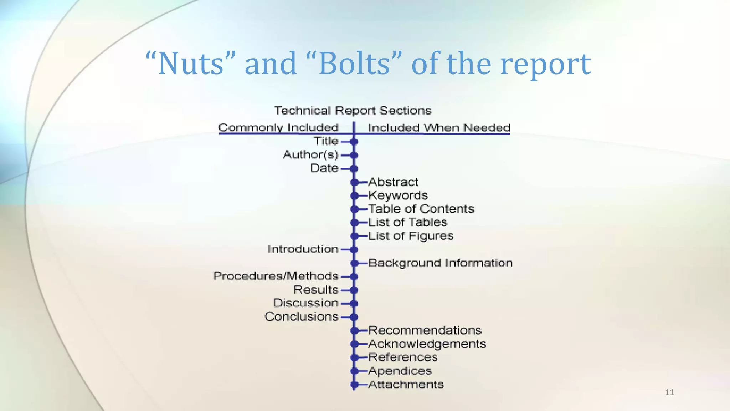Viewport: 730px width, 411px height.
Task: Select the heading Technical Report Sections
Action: (353, 111)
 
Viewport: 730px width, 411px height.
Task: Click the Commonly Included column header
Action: (278, 127)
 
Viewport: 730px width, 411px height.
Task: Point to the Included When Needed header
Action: (439, 128)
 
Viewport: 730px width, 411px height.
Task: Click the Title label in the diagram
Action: (326, 141)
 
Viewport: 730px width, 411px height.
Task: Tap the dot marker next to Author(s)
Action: (354, 155)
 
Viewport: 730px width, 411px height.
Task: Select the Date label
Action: (324, 168)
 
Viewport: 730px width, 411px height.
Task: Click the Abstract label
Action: (393, 182)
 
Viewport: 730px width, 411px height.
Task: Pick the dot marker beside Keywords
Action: (354, 196)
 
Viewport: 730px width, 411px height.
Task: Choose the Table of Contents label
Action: (421, 209)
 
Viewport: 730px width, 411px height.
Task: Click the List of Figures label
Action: (411, 236)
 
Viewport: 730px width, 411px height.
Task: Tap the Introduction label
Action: (303, 249)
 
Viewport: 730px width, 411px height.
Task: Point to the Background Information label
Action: (440, 263)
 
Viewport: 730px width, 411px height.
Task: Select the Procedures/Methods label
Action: (276, 276)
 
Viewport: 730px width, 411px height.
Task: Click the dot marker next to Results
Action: (354, 290)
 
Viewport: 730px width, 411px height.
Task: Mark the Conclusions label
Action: (301, 317)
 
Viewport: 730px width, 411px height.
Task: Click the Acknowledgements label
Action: (427, 344)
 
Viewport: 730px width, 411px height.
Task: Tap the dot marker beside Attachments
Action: (354, 385)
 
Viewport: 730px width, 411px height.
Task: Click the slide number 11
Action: (669, 392)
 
